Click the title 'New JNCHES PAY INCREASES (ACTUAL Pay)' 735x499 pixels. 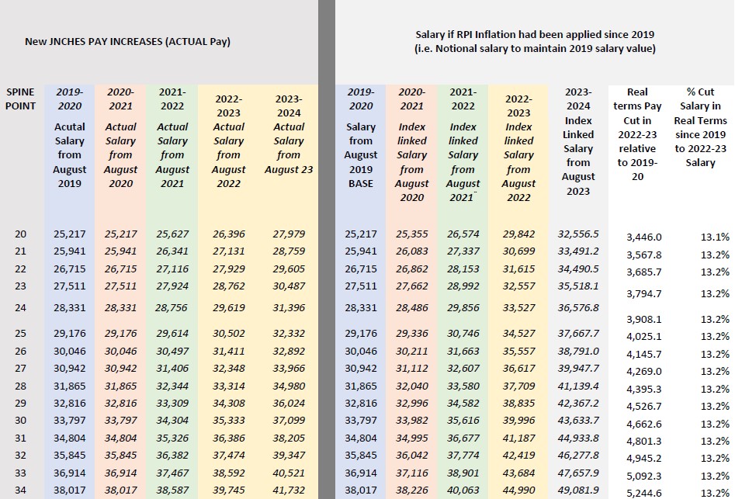[127, 41]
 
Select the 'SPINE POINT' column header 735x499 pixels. [20, 99]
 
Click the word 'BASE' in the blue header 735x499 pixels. [360, 183]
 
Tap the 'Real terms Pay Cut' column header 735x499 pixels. [637, 127]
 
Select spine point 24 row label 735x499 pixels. [20, 307]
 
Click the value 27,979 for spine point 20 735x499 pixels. [289, 234]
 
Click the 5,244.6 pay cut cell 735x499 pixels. [643, 493]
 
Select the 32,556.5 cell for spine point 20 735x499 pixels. [578, 234]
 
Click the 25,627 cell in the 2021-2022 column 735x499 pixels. [172, 234]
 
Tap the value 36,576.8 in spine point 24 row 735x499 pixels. [578, 307]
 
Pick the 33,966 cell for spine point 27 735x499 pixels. [289, 369]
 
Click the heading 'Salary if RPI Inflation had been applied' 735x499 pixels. [535, 35]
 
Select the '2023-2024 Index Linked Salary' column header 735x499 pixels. [578, 141]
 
